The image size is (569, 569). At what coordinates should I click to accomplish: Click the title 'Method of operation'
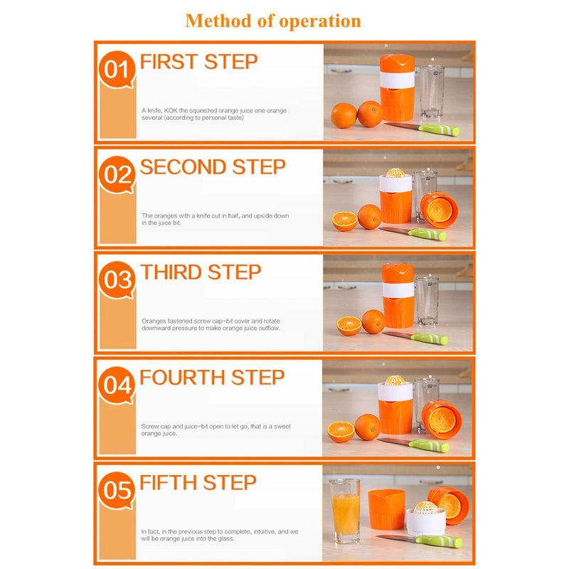pyautogui.click(x=273, y=21)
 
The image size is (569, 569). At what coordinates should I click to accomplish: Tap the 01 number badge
pyautogui.click(x=117, y=70)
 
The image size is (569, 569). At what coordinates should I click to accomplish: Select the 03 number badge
pyautogui.click(x=117, y=280)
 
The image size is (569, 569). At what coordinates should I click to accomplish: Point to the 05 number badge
pyautogui.click(x=117, y=491)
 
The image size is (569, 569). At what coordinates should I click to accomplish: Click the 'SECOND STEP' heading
pyautogui.click(x=213, y=167)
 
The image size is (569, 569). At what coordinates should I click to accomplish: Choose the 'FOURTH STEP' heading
pyautogui.click(x=212, y=378)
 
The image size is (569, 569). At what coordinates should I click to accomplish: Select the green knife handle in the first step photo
pyautogui.click(x=440, y=129)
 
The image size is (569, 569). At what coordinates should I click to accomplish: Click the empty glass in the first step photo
pyautogui.click(x=432, y=91)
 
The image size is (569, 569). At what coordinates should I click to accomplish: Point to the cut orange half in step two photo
pyautogui.click(x=344, y=220)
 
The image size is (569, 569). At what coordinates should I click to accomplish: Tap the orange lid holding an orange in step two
pyautogui.click(x=440, y=210)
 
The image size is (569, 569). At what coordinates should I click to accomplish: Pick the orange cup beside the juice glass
pyautogui.click(x=386, y=509)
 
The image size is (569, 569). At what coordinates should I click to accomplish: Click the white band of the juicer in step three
pyautogui.click(x=398, y=289)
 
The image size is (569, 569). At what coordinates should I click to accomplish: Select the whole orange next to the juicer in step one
pyautogui.click(x=370, y=114)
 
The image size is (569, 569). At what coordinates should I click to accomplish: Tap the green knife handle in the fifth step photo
pyautogui.click(x=439, y=541)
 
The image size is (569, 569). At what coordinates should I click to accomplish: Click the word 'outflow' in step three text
pyautogui.click(x=269, y=328)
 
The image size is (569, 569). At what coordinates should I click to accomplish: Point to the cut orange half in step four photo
pyautogui.click(x=341, y=432)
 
